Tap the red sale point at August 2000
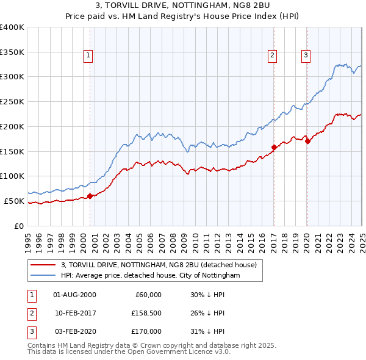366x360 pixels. (x=90, y=196)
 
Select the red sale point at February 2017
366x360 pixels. (x=274, y=146)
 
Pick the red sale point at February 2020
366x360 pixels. (x=307, y=141)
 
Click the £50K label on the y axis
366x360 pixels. (x=14, y=201)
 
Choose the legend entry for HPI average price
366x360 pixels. (x=151, y=276)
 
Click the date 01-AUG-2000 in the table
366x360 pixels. (x=75, y=295)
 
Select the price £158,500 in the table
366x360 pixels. (x=145, y=314)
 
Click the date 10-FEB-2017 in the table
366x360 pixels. (x=75, y=314)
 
